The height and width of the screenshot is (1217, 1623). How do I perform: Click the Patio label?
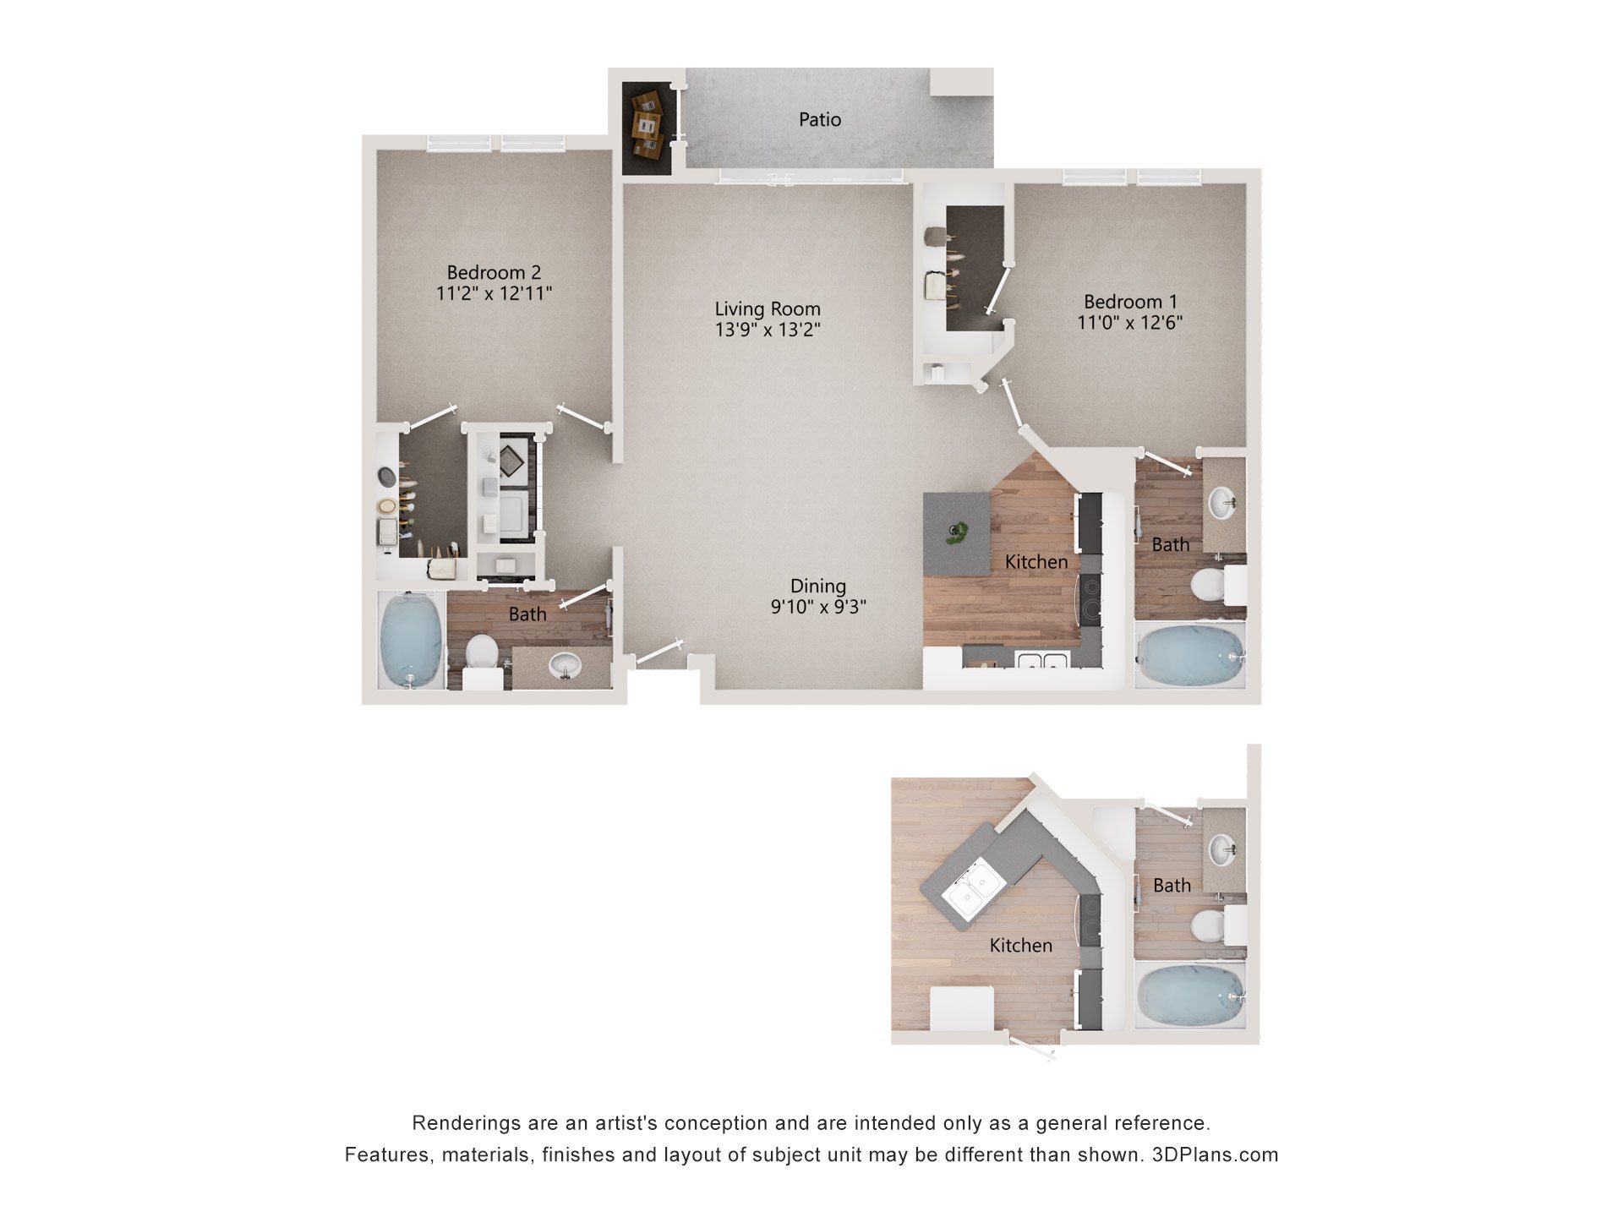[x=819, y=120]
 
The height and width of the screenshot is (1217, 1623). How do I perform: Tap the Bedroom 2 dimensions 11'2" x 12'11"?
[x=494, y=294]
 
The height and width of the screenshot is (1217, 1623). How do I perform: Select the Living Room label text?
[x=767, y=309]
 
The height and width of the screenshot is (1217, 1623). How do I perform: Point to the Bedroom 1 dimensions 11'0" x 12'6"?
[x=1129, y=323]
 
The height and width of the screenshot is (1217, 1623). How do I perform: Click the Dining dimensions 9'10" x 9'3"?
[x=817, y=607]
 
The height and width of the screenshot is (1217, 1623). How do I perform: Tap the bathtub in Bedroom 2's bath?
[x=411, y=640]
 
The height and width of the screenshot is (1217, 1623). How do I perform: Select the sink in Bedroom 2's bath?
[x=564, y=666]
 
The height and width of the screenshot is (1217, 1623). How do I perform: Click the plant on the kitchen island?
[x=957, y=532]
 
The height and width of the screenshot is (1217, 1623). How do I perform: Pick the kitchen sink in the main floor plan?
[x=1040, y=660]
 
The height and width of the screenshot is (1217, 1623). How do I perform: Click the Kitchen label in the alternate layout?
[x=1020, y=946]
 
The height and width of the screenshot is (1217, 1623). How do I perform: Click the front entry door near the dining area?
[x=659, y=652]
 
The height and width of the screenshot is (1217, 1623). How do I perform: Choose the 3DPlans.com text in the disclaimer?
[x=1215, y=1155]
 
